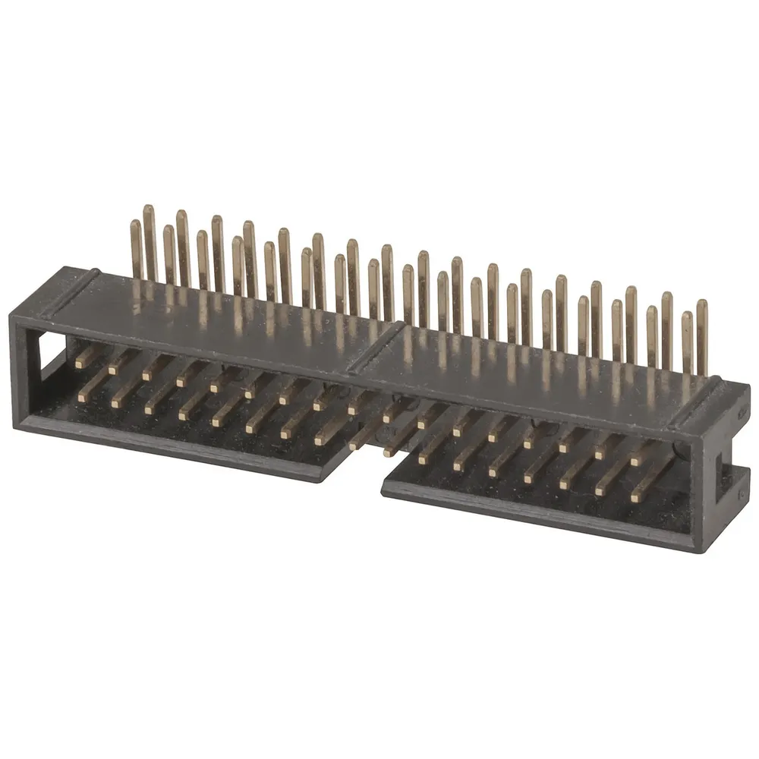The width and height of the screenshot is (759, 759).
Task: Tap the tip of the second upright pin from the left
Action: tap(149, 209)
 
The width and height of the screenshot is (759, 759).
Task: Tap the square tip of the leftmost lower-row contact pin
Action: tap(82, 396)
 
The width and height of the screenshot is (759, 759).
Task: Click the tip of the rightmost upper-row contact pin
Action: tap(636, 461)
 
